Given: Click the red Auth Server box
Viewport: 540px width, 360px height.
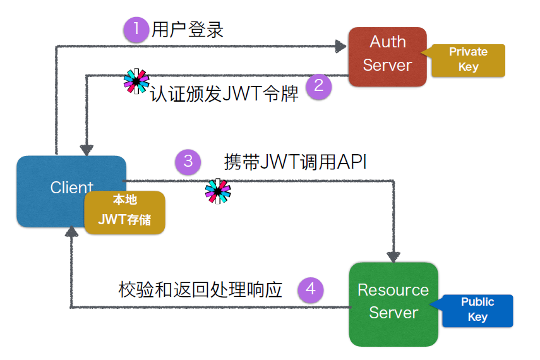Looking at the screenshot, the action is coord(387,57).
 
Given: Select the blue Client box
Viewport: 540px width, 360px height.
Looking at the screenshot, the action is coord(71,191).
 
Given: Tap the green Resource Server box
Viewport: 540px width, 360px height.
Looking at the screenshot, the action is coord(393,304).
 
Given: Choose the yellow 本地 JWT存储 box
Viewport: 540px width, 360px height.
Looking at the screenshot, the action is coord(124,213).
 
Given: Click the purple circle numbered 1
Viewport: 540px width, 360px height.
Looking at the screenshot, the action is coord(136,30).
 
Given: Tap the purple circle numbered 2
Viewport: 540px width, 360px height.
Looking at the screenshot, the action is coord(319,87).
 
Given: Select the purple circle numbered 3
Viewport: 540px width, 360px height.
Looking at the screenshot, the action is coord(188,162).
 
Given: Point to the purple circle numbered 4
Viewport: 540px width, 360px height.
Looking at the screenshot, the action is coord(311,290).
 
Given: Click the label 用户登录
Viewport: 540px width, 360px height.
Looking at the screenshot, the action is coord(188,30).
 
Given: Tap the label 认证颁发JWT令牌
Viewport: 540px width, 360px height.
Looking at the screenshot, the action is coord(224,93).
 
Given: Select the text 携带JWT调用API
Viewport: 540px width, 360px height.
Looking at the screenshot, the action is coord(295,162).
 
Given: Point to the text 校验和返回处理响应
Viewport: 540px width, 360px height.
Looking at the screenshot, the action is coord(200,290).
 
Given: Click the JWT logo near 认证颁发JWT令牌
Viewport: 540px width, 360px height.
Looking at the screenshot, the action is coord(136,81).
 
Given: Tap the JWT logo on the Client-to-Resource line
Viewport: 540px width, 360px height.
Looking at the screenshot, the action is coord(218,191).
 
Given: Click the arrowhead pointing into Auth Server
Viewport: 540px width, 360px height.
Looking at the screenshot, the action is coord(340,46).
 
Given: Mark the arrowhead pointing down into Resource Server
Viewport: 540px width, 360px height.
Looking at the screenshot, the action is coord(393,257).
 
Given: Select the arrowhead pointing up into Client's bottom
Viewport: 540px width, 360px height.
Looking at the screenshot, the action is coord(71,232).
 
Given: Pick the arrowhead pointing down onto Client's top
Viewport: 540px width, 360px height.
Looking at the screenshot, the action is coord(87,150).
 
